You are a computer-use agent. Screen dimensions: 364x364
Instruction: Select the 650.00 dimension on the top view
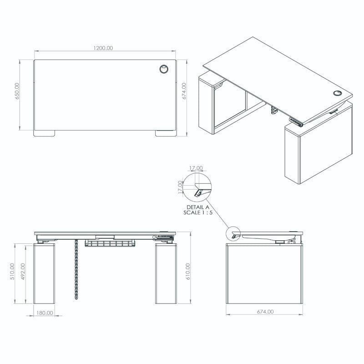click(x=17, y=91)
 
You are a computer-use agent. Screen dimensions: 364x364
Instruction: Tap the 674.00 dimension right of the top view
click(x=184, y=91)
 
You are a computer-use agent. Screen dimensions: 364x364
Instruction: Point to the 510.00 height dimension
click(x=13, y=272)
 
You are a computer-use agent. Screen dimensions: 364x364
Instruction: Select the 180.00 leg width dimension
click(x=45, y=313)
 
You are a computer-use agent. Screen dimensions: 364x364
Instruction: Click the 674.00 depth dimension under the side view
click(x=265, y=312)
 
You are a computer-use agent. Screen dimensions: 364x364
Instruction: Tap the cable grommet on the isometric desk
click(x=337, y=93)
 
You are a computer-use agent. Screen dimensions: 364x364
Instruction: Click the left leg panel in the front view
click(x=45, y=274)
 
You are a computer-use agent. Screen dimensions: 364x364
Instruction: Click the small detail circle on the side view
click(x=233, y=234)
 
